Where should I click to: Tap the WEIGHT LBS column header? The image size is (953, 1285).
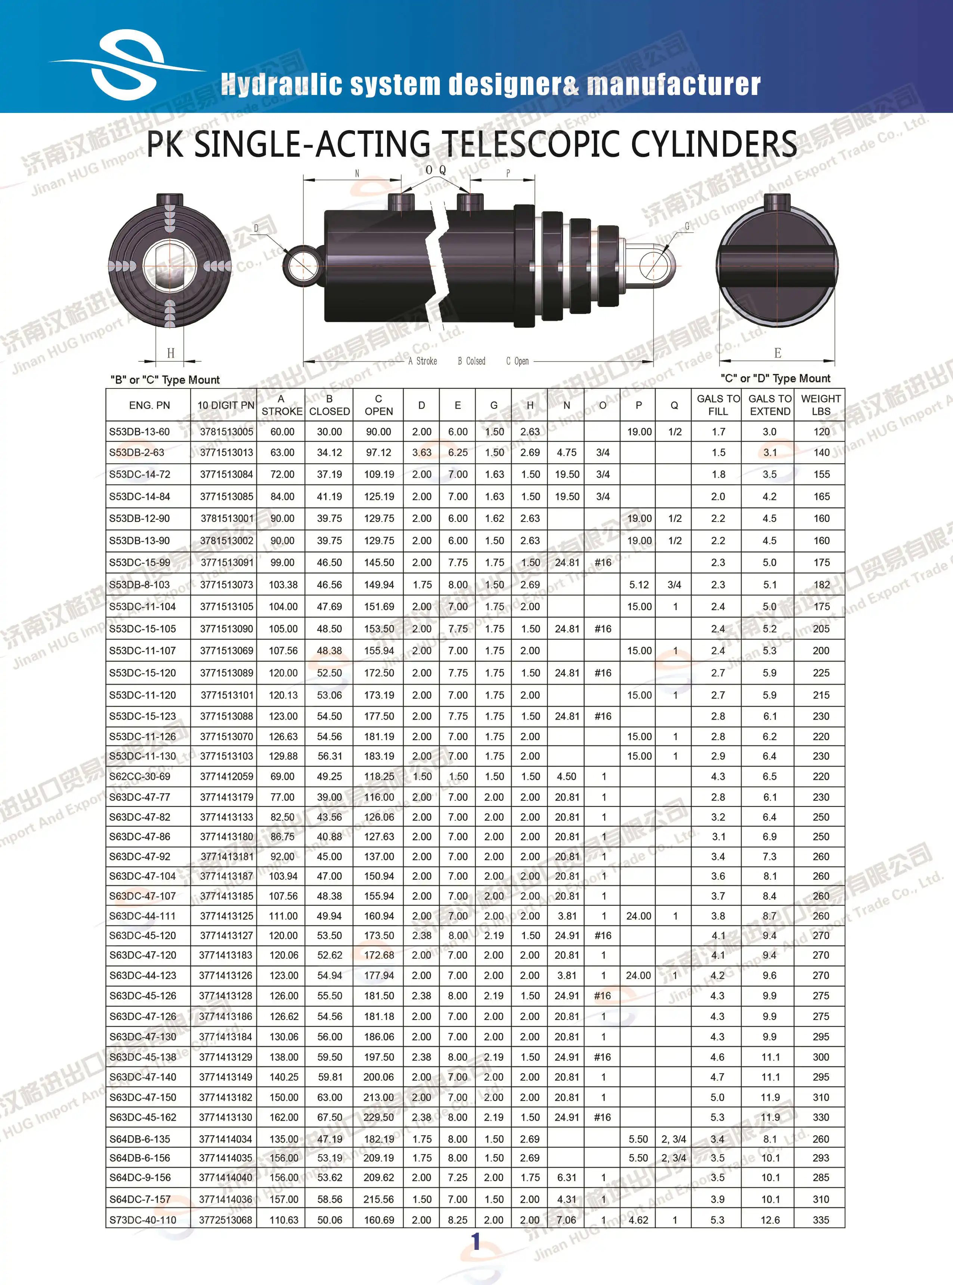coord(820,405)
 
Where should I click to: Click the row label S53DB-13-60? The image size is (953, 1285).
coord(140,432)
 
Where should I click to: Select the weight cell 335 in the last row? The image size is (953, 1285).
coord(820,1220)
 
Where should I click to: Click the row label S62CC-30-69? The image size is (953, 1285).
coord(140,777)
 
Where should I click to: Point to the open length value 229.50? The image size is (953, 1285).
coord(378,1117)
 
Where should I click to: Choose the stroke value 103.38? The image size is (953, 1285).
coord(283,585)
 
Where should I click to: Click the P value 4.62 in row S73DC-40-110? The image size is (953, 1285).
coord(638,1220)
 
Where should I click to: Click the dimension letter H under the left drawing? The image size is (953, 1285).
coord(170,353)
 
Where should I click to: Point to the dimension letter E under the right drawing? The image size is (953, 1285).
coord(778,353)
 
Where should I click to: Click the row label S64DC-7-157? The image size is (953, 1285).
coord(140,1199)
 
